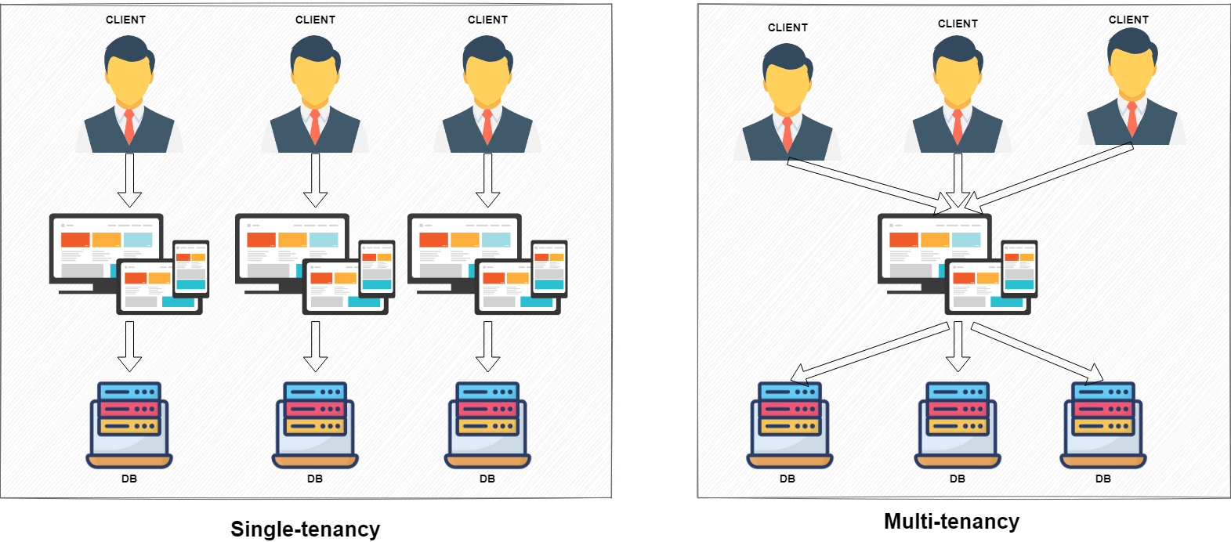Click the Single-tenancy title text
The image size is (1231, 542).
(x=305, y=529)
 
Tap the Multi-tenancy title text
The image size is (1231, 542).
(x=951, y=521)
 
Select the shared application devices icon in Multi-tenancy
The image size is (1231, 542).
(x=958, y=264)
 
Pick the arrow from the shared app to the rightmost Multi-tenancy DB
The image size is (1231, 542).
(x=1037, y=352)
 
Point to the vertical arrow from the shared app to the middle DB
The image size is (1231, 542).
(x=958, y=346)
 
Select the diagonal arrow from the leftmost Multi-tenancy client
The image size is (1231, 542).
(x=870, y=185)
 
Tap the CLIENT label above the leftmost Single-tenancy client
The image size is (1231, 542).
(x=126, y=20)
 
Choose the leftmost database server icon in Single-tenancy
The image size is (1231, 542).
(x=129, y=425)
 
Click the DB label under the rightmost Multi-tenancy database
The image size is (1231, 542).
(x=1103, y=479)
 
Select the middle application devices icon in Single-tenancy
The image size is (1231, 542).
(x=315, y=264)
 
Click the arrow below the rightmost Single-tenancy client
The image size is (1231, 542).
(x=487, y=180)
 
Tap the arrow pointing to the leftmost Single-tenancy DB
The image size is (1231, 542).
(x=129, y=346)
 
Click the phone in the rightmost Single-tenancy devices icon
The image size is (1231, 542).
(x=549, y=269)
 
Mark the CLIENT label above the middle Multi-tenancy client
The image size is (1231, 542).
(x=958, y=23)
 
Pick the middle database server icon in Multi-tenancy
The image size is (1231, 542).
(x=958, y=425)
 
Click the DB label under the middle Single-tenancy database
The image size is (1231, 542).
(x=315, y=479)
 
